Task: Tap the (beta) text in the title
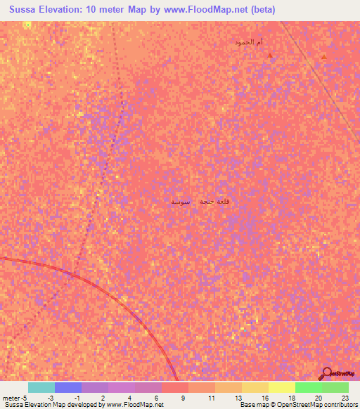[x=259, y=9]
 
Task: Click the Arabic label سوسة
[x=181, y=202]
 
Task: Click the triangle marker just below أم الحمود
[x=269, y=56]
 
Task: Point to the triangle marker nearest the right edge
[x=323, y=56]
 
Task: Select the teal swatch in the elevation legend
[x=41, y=387]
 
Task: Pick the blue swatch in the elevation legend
[x=68, y=387]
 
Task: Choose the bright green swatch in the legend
[x=309, y=387]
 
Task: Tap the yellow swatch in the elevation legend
[x=282, y=387]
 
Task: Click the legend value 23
[x=345, y=398]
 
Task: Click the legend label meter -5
[x=13, y=398]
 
